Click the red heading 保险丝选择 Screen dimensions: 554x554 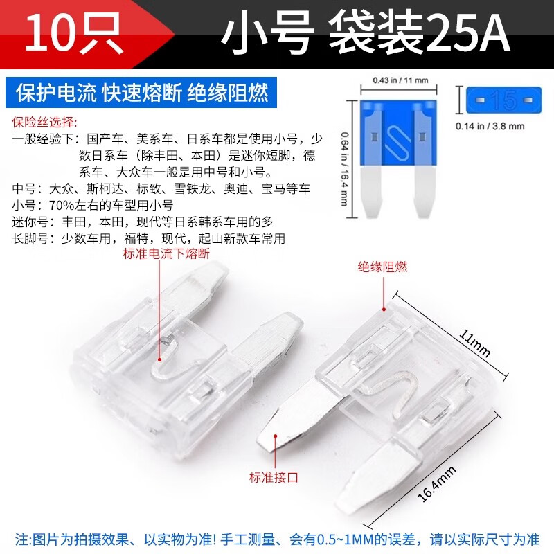click(43, 123)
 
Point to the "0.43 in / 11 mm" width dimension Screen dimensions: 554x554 click(400, 80)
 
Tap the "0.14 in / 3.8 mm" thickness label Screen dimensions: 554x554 click(490, 126)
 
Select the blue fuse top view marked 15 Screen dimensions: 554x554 click(503, 101)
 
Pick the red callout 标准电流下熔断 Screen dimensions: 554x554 click(166, 254)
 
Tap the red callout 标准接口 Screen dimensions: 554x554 click(274, 476)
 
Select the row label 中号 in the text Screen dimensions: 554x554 click(25, 188)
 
